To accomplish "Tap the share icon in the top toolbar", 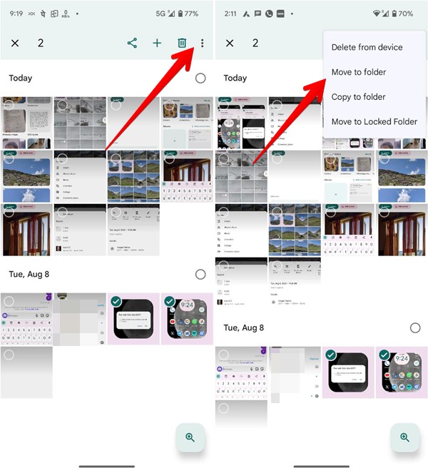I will click(x=132, y=43).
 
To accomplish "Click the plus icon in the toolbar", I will click(x=157, y=43).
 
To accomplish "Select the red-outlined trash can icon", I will click(x=182, y=43).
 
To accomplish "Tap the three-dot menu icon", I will click(x=203, y=43).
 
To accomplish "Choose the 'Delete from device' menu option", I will click(x=367, y=47).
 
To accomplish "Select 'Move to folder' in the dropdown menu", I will click(x=358, y=72).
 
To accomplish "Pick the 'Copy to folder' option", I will click(x=358, y=97).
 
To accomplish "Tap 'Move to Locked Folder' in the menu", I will click(x=374, y=122).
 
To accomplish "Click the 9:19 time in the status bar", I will click(x=16, y=13).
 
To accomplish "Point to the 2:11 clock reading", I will click(x=230, y=13).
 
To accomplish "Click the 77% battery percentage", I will click(x=190, y=13).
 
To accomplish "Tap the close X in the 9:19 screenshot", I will click(x=15, y=43).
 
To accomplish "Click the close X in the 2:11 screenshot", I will click(x=229, y=43).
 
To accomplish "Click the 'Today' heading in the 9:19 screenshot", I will click(x=21, y=78).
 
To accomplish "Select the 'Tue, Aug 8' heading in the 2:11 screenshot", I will click(x=244, y=327).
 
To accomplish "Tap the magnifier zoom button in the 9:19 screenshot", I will click(x=190, y=437).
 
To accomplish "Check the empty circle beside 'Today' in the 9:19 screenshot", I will click(x=200, y=78).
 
